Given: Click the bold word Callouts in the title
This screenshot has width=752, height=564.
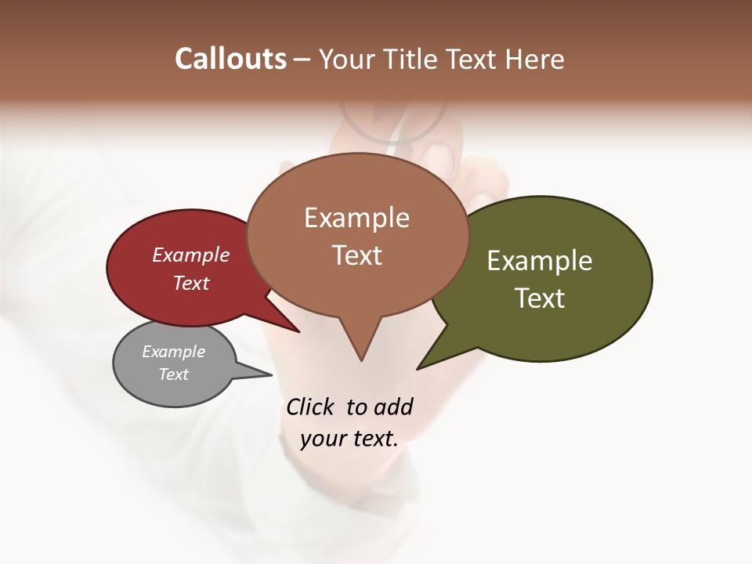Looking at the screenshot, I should [231, 59].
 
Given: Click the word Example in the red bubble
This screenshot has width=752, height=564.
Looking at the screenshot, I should [190, 255].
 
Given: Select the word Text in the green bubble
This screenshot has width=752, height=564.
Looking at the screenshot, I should [540, 298].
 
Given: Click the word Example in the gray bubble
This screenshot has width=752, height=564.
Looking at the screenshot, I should [173, 352].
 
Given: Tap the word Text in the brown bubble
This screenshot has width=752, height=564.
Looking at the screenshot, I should [357, 255].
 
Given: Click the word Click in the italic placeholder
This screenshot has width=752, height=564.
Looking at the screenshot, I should [310, 407].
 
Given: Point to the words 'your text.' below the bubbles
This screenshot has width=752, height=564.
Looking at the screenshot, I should [349, 439].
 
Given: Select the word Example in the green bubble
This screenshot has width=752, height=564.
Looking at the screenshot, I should [540, 260].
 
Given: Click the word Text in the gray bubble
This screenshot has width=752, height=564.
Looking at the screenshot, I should [173, 374].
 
